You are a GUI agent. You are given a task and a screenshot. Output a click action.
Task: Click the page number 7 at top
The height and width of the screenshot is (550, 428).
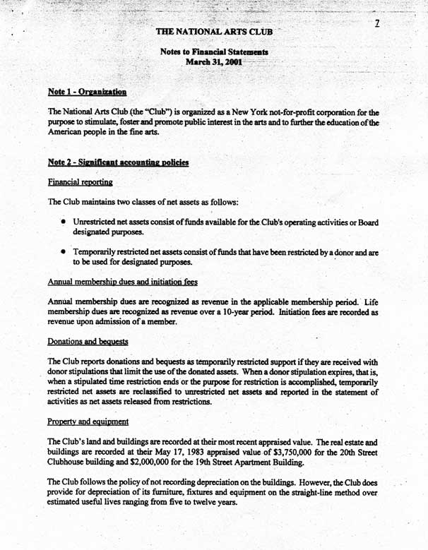pos(378,23)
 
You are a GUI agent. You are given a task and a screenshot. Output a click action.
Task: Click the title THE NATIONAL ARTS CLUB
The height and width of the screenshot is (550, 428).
pos(213,31)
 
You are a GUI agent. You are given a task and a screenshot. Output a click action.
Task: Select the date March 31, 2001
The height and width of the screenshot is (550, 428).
pos(213,62)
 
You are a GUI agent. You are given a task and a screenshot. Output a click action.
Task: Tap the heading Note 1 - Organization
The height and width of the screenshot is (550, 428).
pos(87,91)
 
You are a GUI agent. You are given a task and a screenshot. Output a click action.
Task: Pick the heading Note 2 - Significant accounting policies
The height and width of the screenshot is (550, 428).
pos(118,162)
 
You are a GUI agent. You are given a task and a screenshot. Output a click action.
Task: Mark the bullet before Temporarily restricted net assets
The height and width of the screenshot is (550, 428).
pos(63,251)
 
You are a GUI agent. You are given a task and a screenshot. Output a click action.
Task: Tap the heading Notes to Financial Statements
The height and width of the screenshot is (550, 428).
pos(214,52)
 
